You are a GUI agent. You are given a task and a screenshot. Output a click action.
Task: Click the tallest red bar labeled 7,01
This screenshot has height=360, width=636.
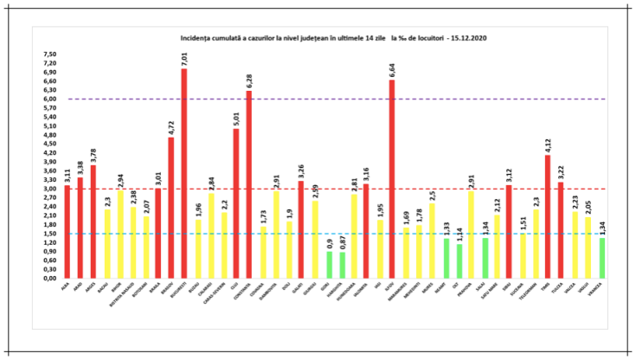click(183, 173)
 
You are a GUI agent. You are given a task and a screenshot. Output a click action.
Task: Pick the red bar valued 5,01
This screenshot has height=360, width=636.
click(236, 203)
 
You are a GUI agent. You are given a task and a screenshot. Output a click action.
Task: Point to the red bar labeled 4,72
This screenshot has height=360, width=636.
click(170, 208)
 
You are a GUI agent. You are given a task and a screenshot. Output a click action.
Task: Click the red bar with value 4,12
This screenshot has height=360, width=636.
click(549, 216)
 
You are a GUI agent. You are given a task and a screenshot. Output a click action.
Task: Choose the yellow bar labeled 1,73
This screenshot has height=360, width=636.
click(262, 252)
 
